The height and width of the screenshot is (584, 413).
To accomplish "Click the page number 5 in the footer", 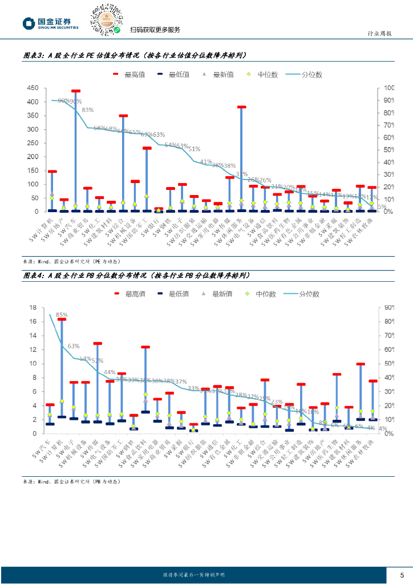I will [402, 574].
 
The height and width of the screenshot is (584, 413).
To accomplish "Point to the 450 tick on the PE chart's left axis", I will [33, 88].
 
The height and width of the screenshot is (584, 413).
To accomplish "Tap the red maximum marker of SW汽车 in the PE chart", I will [76, 91].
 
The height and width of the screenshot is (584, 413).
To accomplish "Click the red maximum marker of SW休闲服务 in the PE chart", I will [241, 107].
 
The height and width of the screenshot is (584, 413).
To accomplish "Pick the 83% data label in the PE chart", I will [88, 109].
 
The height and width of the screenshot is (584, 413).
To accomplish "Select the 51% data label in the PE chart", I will [194, 149].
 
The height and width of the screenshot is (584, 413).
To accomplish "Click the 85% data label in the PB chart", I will [62, 314].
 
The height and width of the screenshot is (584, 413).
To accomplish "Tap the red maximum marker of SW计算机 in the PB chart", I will [62, 319].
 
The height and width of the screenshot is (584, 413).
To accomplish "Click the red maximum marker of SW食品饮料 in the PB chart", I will [145, 347].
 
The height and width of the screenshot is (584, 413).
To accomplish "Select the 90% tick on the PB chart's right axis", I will [390, 308].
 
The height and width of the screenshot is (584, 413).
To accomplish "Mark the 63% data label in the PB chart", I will [74, 346].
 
